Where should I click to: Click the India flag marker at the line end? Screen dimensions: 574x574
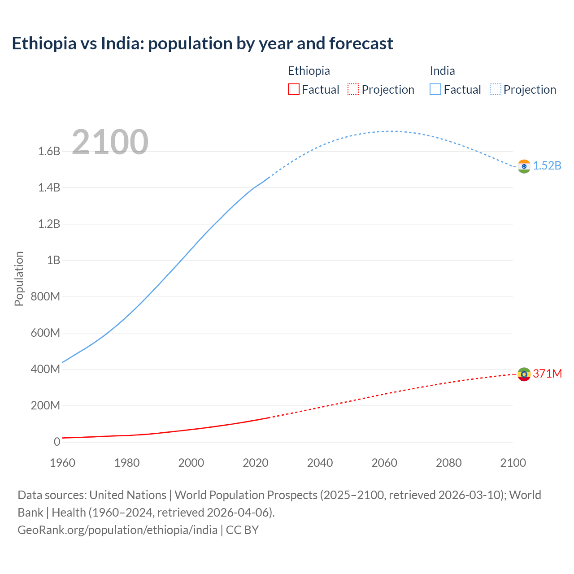(524, 166)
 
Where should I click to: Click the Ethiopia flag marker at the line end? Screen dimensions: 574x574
(524, 374)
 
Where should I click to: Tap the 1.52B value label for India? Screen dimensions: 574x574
(547, 165)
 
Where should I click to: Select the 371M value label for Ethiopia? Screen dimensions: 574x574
(547, 374)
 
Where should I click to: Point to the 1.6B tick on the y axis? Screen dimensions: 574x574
(49, 151)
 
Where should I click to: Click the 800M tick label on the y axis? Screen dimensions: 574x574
(45, 296)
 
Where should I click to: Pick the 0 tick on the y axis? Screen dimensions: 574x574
(57, 442)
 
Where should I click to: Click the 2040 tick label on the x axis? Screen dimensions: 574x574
(320, 463)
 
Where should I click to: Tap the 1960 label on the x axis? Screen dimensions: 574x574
(62, 463)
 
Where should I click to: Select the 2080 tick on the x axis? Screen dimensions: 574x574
(448, 463)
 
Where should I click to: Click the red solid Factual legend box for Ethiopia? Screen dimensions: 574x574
(293, 89)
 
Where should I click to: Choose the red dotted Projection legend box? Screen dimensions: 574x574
(353, 89)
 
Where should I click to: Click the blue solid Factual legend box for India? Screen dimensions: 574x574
(435, 89)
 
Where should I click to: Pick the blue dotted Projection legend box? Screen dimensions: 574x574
(495, 89)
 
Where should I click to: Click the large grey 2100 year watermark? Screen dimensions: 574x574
(110, 142)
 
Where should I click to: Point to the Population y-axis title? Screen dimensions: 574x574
(19, 278)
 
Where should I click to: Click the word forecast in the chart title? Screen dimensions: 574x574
(361, 43)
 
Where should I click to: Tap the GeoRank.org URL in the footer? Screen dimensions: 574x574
(117, 530)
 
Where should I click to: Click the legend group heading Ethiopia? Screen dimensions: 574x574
(309, 71)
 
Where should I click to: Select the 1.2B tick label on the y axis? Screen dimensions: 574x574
(49, 224)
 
